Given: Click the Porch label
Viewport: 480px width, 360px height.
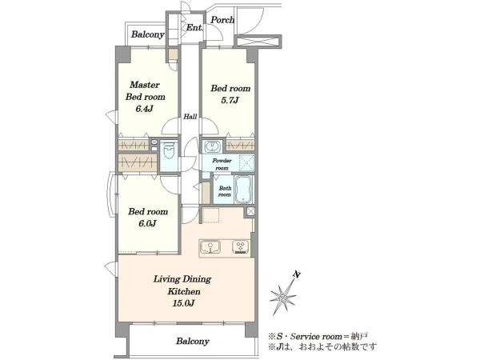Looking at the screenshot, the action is pyautogui.click(x=222, y=20).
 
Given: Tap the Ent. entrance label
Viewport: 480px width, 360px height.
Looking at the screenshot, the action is pyautogui.click(x=194, y=27).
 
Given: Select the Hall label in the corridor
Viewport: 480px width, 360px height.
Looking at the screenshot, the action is pyautogui.click(x=190, y=117).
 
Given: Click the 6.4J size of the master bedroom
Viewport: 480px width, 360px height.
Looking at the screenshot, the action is pyautogui.click(x=144, y=109).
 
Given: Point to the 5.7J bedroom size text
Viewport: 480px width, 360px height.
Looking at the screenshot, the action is pyautogui.click(x=230, y=101).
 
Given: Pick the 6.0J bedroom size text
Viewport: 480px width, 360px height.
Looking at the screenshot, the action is pyautogui.click(x=147, y=224).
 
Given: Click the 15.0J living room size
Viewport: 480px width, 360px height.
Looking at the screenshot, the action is pyautogui.click(x=183, y=303).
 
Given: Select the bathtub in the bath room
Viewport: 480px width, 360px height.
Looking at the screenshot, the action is pyautogui.click(x=243, y=190).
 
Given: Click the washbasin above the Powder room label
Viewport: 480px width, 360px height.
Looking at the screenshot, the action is pyautogui.click(x=212, y=146).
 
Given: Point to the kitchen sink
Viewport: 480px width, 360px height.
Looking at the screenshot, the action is pyautogui.click(x=210, y=248).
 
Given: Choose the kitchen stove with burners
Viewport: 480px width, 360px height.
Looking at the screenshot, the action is pyautogui.click(x=241, y=248).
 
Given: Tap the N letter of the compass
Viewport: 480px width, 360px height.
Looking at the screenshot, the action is pyautogui.click(x=296, y=274).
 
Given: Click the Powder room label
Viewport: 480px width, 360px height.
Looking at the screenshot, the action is pyautogui.click(x=222, y=164).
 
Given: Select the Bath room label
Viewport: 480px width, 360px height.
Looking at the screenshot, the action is pyautogui.click(x=225, y=191).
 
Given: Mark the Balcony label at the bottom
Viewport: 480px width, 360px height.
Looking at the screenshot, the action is pyautogui.click(x=193, y=341).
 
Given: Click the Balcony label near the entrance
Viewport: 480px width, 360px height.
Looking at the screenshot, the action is pyautogui.click(x=147, y=34).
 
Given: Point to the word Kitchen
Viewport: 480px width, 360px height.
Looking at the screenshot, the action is pyautogui.click(x=184, y=291).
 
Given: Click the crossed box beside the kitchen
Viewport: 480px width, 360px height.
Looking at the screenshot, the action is pyautogui.click(x=250, y=211).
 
